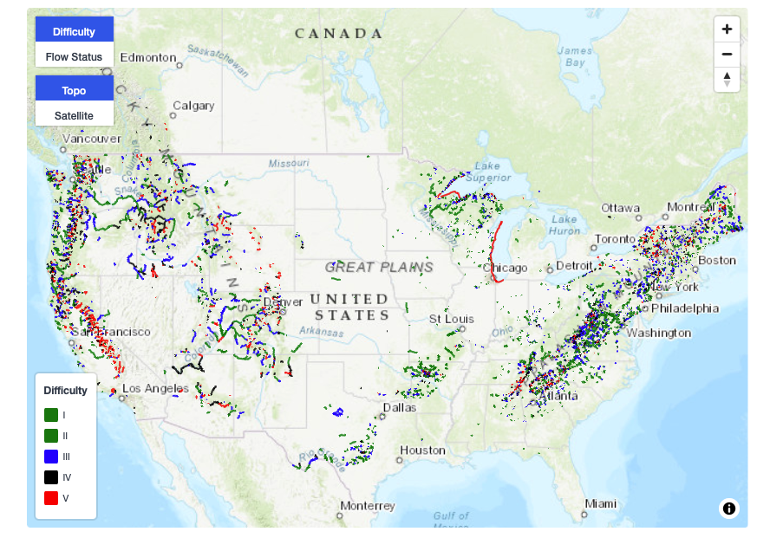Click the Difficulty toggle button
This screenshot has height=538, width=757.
pos(74,31)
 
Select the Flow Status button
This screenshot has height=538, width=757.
pos(74,56)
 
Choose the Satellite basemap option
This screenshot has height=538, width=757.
pos(74,114)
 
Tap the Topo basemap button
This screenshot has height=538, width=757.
pos(74,90)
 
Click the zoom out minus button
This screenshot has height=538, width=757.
pos(727,54)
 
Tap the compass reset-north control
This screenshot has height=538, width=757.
pos(727,79)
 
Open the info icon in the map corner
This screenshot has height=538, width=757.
pos(729,509)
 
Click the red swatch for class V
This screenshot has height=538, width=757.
pos(51,498)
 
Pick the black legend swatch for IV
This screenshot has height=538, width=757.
pos(51,477)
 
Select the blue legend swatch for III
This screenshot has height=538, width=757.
pos(51,457)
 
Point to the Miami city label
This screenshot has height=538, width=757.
pos(600,503)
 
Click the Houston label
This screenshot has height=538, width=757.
pos(422,450)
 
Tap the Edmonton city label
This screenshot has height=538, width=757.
pos(147,57)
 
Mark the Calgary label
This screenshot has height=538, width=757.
pos(193,106)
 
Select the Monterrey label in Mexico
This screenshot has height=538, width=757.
pos(367,505)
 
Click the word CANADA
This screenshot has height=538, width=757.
pos(338,34)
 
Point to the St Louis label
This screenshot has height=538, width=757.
pos(452,319)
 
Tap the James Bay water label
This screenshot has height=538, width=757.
pos(575,56)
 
